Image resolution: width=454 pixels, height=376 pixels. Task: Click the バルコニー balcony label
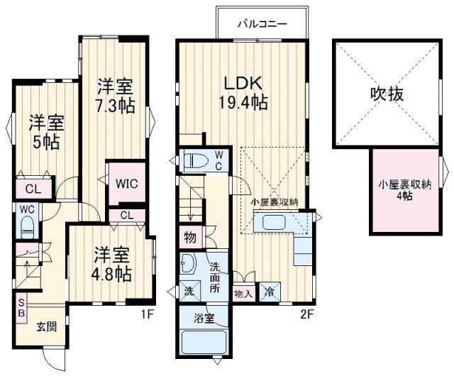click(262, 23)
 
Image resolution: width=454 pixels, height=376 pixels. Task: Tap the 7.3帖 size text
click(116, 106)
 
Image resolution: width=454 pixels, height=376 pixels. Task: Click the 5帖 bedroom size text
click(45, 140)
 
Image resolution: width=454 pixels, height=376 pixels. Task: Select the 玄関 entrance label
click(48, 327)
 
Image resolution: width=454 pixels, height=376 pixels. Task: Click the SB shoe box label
click(21, 308)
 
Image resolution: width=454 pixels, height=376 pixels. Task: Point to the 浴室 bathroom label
click(204, 319)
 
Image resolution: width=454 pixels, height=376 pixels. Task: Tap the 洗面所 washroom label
click(217, 278)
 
